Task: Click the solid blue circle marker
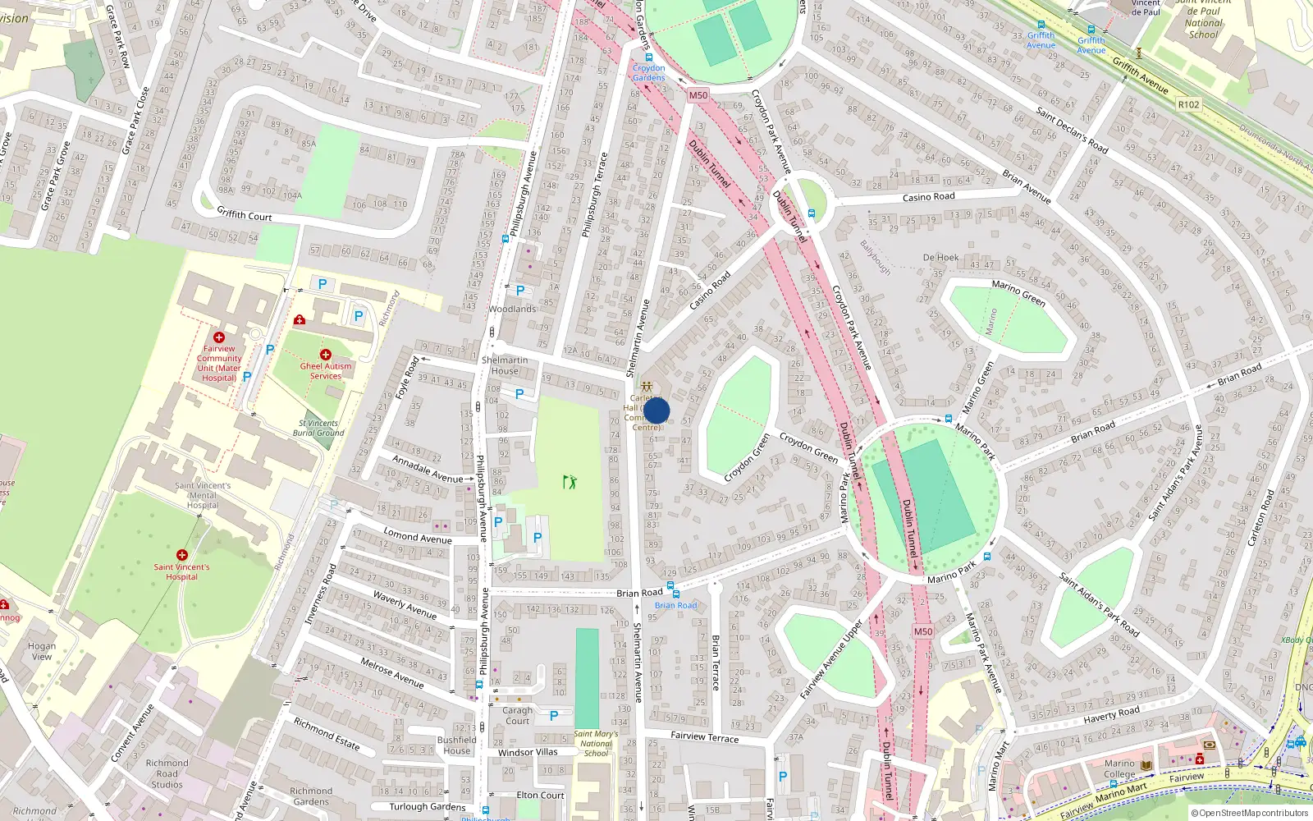pos(656,410)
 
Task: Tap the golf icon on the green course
pos(570,481)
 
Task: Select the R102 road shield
pos(1188,104)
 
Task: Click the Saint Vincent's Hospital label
pos(181,571)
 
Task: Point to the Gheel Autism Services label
pos(326,371)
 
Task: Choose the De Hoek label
pos(940,257)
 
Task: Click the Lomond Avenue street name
pos(418,536)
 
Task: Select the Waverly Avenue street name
pos(405,604)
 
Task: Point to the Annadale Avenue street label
pos(428,469)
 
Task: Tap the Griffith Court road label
pos(245,215)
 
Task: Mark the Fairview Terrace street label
pos(704,736)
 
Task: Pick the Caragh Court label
pos(517,715)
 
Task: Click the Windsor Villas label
pos(528,752)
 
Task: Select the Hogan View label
pos(42,651)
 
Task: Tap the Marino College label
pos(1119,768)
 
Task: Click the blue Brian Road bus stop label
pos(676,605)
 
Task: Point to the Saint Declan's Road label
pos(1072,130)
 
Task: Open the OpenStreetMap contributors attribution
pos(1251,813)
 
